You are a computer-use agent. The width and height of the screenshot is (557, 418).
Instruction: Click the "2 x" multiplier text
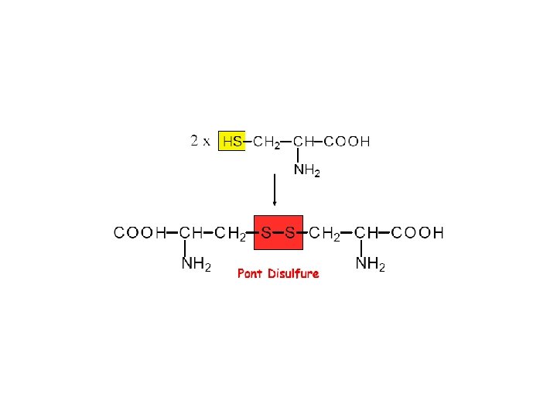[x=200, y=141]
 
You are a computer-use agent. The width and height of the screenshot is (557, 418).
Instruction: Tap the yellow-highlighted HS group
[x=232, y=142]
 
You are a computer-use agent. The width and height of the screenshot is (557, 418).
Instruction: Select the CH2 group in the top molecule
[x=267, y=142]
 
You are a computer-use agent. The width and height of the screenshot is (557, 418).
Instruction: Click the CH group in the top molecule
[x=304, y=142]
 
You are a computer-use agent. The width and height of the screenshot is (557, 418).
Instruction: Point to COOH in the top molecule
[x=347, y=142]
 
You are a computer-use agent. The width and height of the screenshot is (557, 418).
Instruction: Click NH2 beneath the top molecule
[x=306, y=172]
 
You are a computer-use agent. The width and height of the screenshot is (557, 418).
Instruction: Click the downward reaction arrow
[x=275, y=190]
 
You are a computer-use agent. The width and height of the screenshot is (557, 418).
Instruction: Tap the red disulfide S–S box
[x=278, y=232]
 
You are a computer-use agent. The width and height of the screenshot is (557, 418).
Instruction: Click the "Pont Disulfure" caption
[x=278, y=273]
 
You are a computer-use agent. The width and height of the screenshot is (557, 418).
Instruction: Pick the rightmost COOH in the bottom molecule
[x=418, y=232]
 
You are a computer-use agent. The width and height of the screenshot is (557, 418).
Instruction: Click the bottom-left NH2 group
[x=196, y=265]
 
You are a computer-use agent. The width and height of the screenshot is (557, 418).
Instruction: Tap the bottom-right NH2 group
[x=371, y=265]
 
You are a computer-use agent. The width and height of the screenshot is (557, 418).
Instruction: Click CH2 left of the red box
[x=231, y=233]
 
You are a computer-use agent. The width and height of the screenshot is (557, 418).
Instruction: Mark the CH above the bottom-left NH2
[x=191, y=232]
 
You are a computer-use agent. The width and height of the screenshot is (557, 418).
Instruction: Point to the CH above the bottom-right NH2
[x=366, y=232]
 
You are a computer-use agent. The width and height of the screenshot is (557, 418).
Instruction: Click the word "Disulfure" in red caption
[x=292, y=273]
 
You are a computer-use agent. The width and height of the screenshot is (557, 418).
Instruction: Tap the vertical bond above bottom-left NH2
[x=186, y=248]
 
